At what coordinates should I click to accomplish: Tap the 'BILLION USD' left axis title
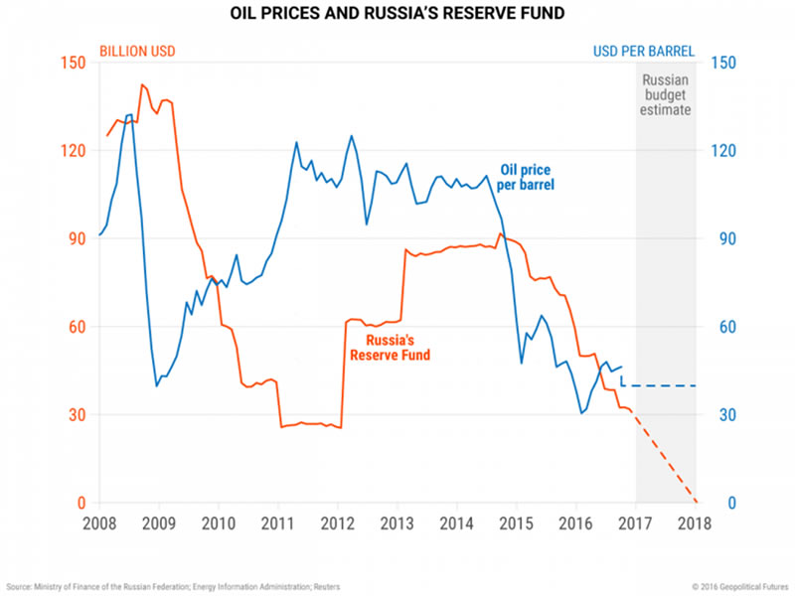[136, 51]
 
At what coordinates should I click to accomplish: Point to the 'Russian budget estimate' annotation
[666, 95]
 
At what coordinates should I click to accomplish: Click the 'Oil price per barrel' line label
[526, 177]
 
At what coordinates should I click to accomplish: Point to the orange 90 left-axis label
[76, 238]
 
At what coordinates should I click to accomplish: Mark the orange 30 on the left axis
[76, 415]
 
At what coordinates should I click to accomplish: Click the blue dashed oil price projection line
[661, 385]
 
